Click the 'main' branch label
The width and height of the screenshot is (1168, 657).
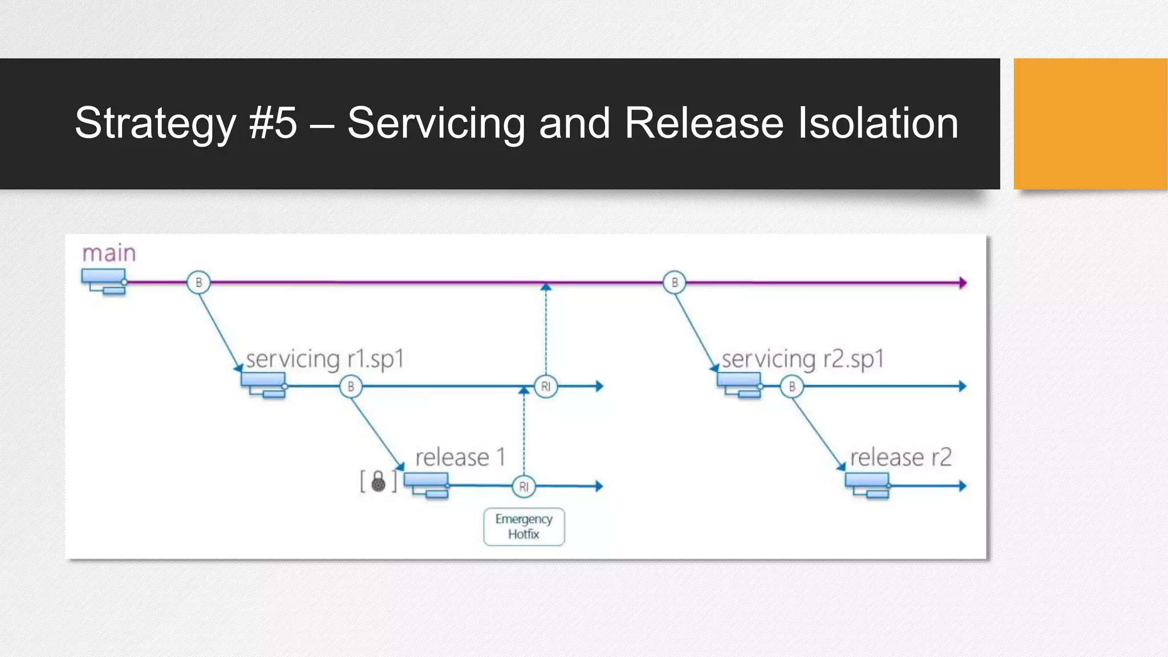[x=109, y=253]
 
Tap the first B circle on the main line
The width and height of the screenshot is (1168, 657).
[x=198, y=282]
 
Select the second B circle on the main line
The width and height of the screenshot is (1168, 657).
[x=675, y=282]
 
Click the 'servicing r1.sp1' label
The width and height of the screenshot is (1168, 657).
[x=325, y=359]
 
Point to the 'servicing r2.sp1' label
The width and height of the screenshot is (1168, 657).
[x=803, y=359]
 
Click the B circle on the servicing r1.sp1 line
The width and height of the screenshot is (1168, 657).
[x=351, y=387]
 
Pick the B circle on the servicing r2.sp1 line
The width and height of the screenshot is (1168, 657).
[x=792, y=387]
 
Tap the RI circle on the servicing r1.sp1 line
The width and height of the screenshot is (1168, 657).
[x=546, y=387]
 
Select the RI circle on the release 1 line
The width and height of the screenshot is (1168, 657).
[x=524, y=486]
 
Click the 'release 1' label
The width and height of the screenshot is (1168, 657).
[x=460, y=457]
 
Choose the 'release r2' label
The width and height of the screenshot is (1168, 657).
[x=901, y=457]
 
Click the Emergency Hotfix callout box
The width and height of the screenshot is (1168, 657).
[x=524, y=526]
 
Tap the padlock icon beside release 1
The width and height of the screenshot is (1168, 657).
[x=378, y=481]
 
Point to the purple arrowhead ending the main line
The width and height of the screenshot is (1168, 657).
[x=963, y=282]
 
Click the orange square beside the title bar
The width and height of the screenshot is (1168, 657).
[x=1090, y=124]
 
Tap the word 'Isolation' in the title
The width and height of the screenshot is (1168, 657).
[x=878, y=123]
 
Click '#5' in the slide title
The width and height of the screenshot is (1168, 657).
[x=273, y=123]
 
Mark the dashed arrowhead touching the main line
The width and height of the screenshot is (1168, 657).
[x=546, y=287]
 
